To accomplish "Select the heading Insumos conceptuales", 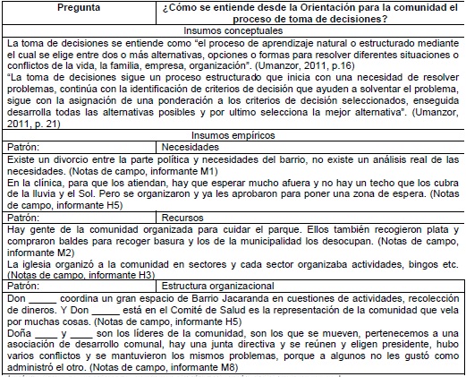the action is click(233, 30).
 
